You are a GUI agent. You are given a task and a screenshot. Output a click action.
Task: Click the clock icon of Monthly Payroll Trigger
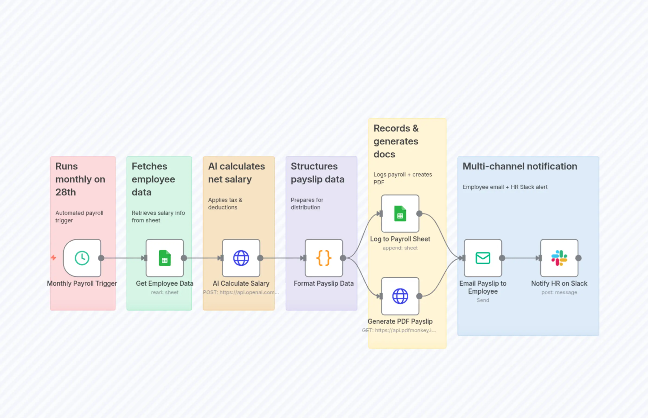coord(82,258)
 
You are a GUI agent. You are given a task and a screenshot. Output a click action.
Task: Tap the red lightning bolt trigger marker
coord(54,258)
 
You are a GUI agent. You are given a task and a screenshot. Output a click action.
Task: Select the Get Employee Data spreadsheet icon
coord(165,258)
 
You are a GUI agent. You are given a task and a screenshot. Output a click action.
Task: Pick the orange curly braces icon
coord(324,258)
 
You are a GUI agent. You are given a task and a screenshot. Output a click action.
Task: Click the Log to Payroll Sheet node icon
coord(400,214)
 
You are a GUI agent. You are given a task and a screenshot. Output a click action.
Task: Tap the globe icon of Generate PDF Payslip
coord(400,296)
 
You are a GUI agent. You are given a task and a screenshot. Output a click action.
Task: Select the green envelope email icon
coord(483,258)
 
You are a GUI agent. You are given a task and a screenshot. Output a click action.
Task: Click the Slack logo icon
coord(559,258)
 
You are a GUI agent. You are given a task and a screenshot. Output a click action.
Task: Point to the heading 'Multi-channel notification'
coord(520,166)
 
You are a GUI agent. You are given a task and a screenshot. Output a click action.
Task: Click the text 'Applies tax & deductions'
coord(225,204)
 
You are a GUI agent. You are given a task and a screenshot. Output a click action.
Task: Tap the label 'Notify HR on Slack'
coord(559,283)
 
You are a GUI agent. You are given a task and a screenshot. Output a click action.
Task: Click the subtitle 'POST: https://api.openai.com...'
coord(241,292)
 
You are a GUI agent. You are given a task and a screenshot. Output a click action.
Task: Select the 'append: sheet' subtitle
coord(400,248)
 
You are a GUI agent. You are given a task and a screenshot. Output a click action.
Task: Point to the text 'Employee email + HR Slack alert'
coord(505,187)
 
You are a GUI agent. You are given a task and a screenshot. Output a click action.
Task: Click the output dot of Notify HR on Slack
coord(578,258)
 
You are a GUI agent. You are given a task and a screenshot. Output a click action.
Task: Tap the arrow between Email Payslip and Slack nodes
coord(520,258)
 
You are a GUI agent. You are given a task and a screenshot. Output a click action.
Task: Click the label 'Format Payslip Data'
coord(324,283)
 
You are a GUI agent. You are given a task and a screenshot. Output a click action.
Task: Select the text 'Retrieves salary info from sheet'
coord(158,217)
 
